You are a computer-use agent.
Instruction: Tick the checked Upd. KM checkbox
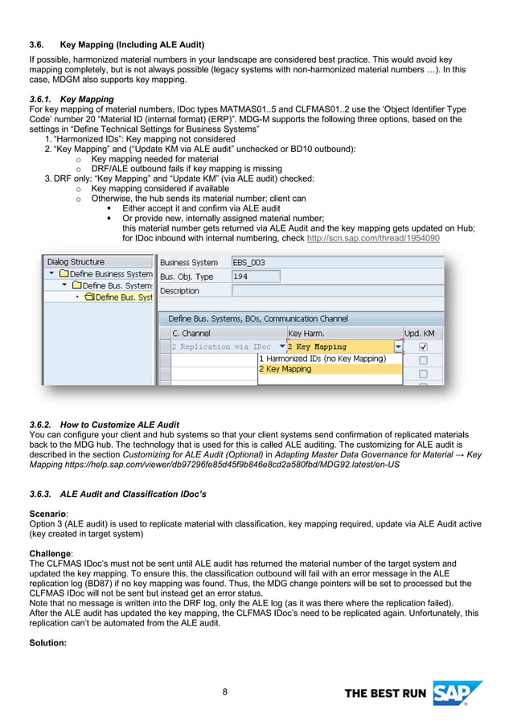pyautogui.click(x=423, y=347)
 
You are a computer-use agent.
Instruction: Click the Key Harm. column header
pyautogui.click(x=306, y=333)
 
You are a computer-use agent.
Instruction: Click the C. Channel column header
pyautogui.click(x=191, y=333)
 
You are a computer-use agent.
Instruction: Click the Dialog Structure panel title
pyautogui.click(x=76, y=262)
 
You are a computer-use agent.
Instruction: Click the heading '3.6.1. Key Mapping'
pyautogui.click(x=72, y=99)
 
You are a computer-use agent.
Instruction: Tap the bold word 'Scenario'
pyautogui.click(x=48, y=512)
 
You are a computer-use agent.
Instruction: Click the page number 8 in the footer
pyautogui.click(x=225, y=691)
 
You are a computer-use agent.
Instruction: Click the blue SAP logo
pyautogui.click(x=456, y=693)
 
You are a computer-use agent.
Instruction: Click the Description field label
pyautogui.click(x=180, y=291)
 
